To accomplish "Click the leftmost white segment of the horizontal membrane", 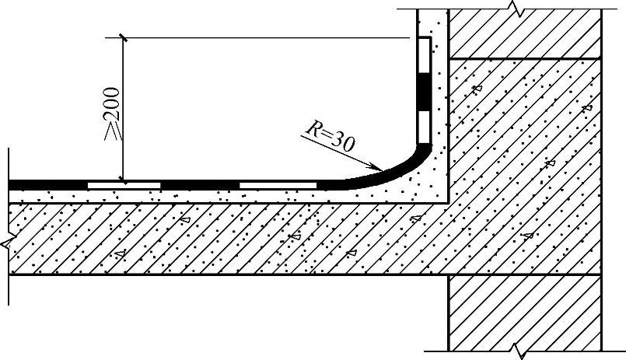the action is pos(124,185).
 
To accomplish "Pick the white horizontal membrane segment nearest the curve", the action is pos(278,185).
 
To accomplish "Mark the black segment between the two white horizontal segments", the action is pos(200,185).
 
